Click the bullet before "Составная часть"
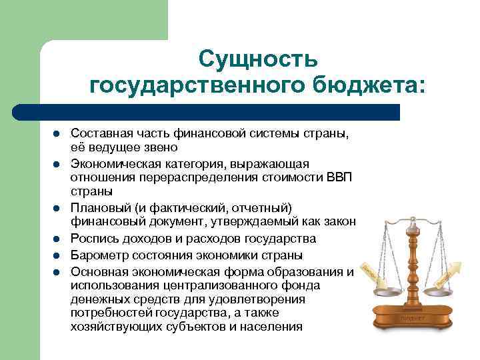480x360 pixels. [x=58, y=133]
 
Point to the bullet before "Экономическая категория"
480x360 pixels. [x=58, y=164]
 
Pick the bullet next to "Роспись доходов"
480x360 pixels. [x=58, y=239]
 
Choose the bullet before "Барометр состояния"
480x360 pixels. [x=58, y=255]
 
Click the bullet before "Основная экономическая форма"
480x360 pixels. [x=58, y=271]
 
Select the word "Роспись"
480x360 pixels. [x=93, y=239]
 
